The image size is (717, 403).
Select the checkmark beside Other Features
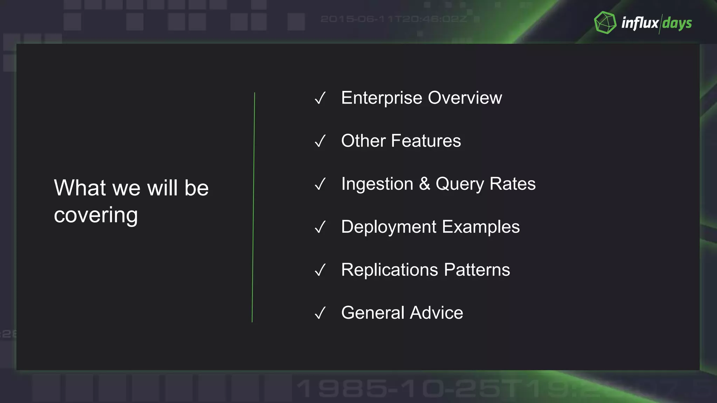coord(320,141)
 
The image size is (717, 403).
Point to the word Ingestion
coord(377,184)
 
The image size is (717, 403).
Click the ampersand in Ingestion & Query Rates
coord(425,184)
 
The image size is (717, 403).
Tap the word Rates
coord(513,184)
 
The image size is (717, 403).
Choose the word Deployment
coord(389,227)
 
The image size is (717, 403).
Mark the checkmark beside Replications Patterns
coord(320,270)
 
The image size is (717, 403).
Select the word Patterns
coord(477,270)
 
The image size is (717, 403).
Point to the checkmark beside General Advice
coord(320,313)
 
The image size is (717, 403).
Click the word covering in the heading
coord(96,215)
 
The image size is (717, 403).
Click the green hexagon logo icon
coord(605,23)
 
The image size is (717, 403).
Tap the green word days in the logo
coord(677,23)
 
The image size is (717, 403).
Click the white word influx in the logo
coord(640,23)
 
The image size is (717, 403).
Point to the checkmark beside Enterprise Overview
coord(320,98)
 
